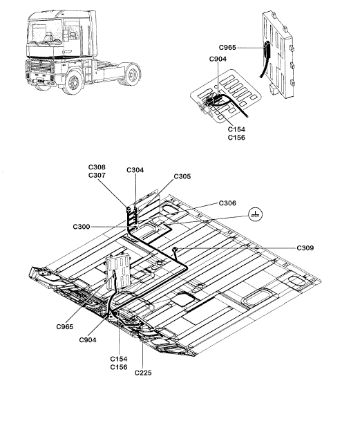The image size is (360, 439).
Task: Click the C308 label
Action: coord(97,167)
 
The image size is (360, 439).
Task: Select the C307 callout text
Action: coord(97,176)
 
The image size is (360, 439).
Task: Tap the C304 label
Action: coord(135,170)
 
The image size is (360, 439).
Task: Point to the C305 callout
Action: coord(182,176)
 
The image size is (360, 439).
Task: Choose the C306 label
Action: coord(227,203)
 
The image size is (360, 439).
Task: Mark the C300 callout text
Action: coord(82,227)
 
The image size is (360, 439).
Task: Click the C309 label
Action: coord(305,247)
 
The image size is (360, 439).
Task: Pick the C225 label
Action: coord(143,373)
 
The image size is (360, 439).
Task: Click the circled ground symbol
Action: coord(256,214)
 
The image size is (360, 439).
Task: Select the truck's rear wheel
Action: coord(132,74)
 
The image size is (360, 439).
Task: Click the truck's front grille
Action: coord(41,71)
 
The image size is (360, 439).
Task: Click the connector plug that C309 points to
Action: coord(175,249)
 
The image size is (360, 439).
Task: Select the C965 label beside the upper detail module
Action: coord(227,48)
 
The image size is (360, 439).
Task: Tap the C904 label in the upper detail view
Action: coord(218,59)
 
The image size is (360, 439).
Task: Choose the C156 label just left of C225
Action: coord(119,367)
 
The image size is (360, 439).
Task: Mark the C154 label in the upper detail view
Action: coord(236,129)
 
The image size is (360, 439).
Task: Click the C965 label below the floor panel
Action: coord(65,327)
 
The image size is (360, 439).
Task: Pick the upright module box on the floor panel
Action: coord(119,272)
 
